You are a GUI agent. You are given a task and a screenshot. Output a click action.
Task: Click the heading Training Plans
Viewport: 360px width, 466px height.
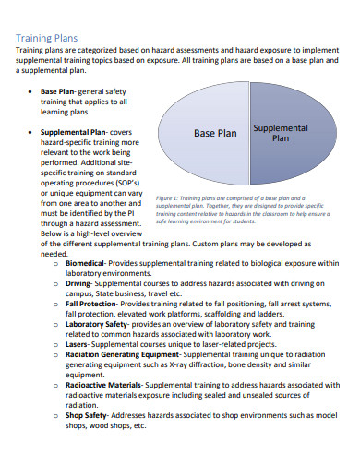tap(48, 38)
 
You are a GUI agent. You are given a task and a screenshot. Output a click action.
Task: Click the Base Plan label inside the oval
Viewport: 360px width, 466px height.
tap(215, 132)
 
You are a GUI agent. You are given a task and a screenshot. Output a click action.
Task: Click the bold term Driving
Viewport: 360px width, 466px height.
tap(80, 286)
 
